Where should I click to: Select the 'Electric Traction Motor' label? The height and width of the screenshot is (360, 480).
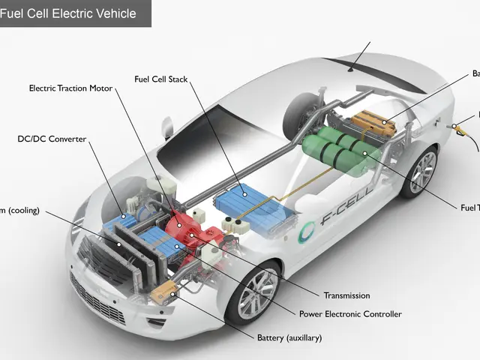click(70, 88)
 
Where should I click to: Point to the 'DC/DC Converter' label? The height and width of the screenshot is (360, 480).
click(52, 139)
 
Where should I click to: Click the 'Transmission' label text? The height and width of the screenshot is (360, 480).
click(346, 295)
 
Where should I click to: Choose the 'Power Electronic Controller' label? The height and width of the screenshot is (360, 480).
click(350, 314)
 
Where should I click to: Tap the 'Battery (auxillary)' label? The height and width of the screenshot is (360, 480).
click(289, 338)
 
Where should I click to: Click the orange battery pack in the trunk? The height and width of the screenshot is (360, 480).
click(374, 121)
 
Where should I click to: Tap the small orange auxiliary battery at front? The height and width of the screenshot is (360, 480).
click(163, 295)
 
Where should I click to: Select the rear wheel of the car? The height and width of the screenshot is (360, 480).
click(419, 171)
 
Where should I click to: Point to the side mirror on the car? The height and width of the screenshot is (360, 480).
click(166, 129)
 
